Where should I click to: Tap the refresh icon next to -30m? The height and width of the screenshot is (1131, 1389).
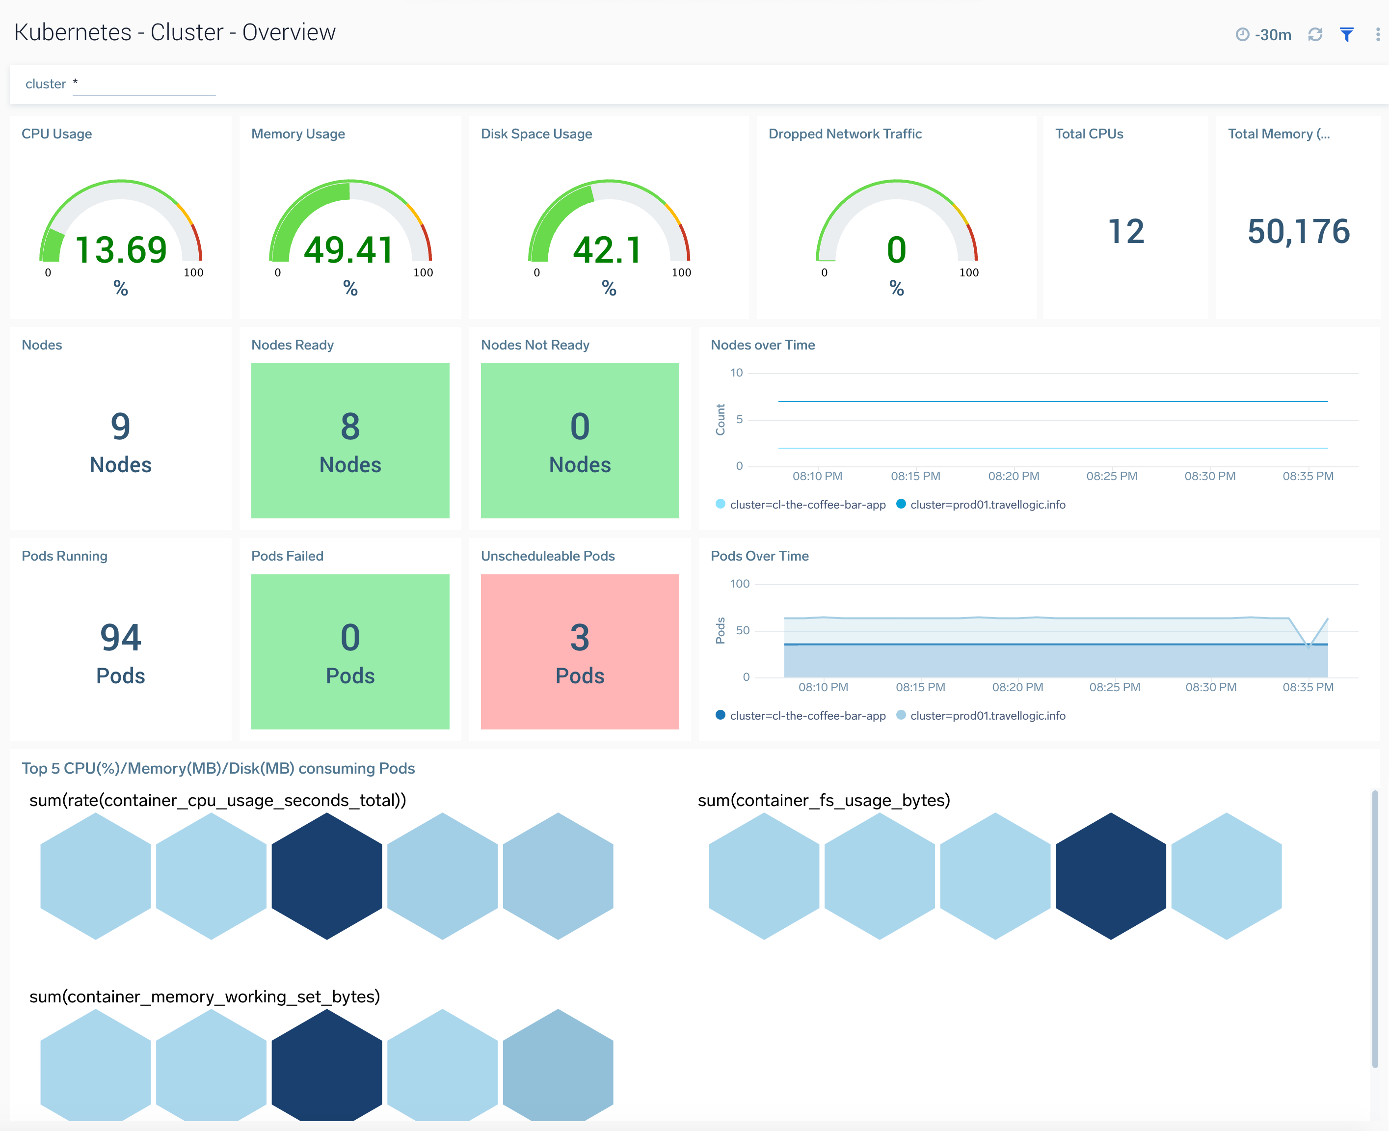(1315, 34)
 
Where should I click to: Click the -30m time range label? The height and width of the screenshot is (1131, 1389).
(1272, 34)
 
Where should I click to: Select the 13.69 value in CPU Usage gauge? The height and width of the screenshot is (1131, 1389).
(121, 249)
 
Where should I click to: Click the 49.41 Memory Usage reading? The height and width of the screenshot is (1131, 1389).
(349, 249)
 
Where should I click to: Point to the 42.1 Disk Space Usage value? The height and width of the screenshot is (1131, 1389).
(608, 249)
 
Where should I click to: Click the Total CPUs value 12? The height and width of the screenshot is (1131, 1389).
(1126, 231)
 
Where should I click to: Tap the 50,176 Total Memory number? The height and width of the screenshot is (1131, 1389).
(1298, 231)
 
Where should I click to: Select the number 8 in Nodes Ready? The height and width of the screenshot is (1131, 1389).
(350, 427)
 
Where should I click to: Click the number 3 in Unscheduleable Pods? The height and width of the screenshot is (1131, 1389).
(579, 638)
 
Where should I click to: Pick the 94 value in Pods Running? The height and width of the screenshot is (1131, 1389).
(121, 638)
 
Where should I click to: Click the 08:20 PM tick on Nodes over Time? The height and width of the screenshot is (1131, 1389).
(1013, 476)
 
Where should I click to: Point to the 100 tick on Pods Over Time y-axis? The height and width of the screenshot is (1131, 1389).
(740, 584)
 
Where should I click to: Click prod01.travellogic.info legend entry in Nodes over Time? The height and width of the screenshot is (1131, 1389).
(987, 504)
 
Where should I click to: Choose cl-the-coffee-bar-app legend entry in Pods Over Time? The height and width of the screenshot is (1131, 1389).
(807, 715)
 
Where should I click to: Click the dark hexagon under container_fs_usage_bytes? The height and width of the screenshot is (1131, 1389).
(1110, 876)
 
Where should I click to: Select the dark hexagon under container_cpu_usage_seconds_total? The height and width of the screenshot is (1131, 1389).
(326, 876)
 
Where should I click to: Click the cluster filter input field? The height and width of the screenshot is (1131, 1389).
(143, 84)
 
